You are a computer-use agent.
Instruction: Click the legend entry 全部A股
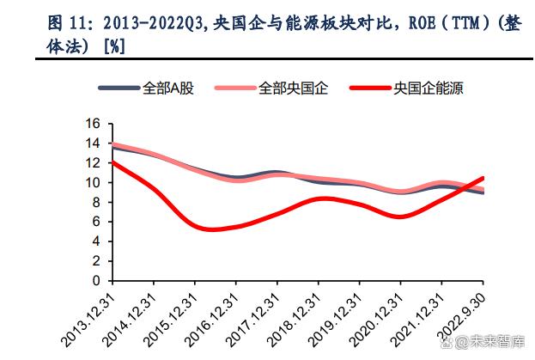167,88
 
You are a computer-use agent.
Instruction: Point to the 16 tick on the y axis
94,124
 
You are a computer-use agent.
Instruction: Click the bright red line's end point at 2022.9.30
483,178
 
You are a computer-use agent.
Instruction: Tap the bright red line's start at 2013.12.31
112,162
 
